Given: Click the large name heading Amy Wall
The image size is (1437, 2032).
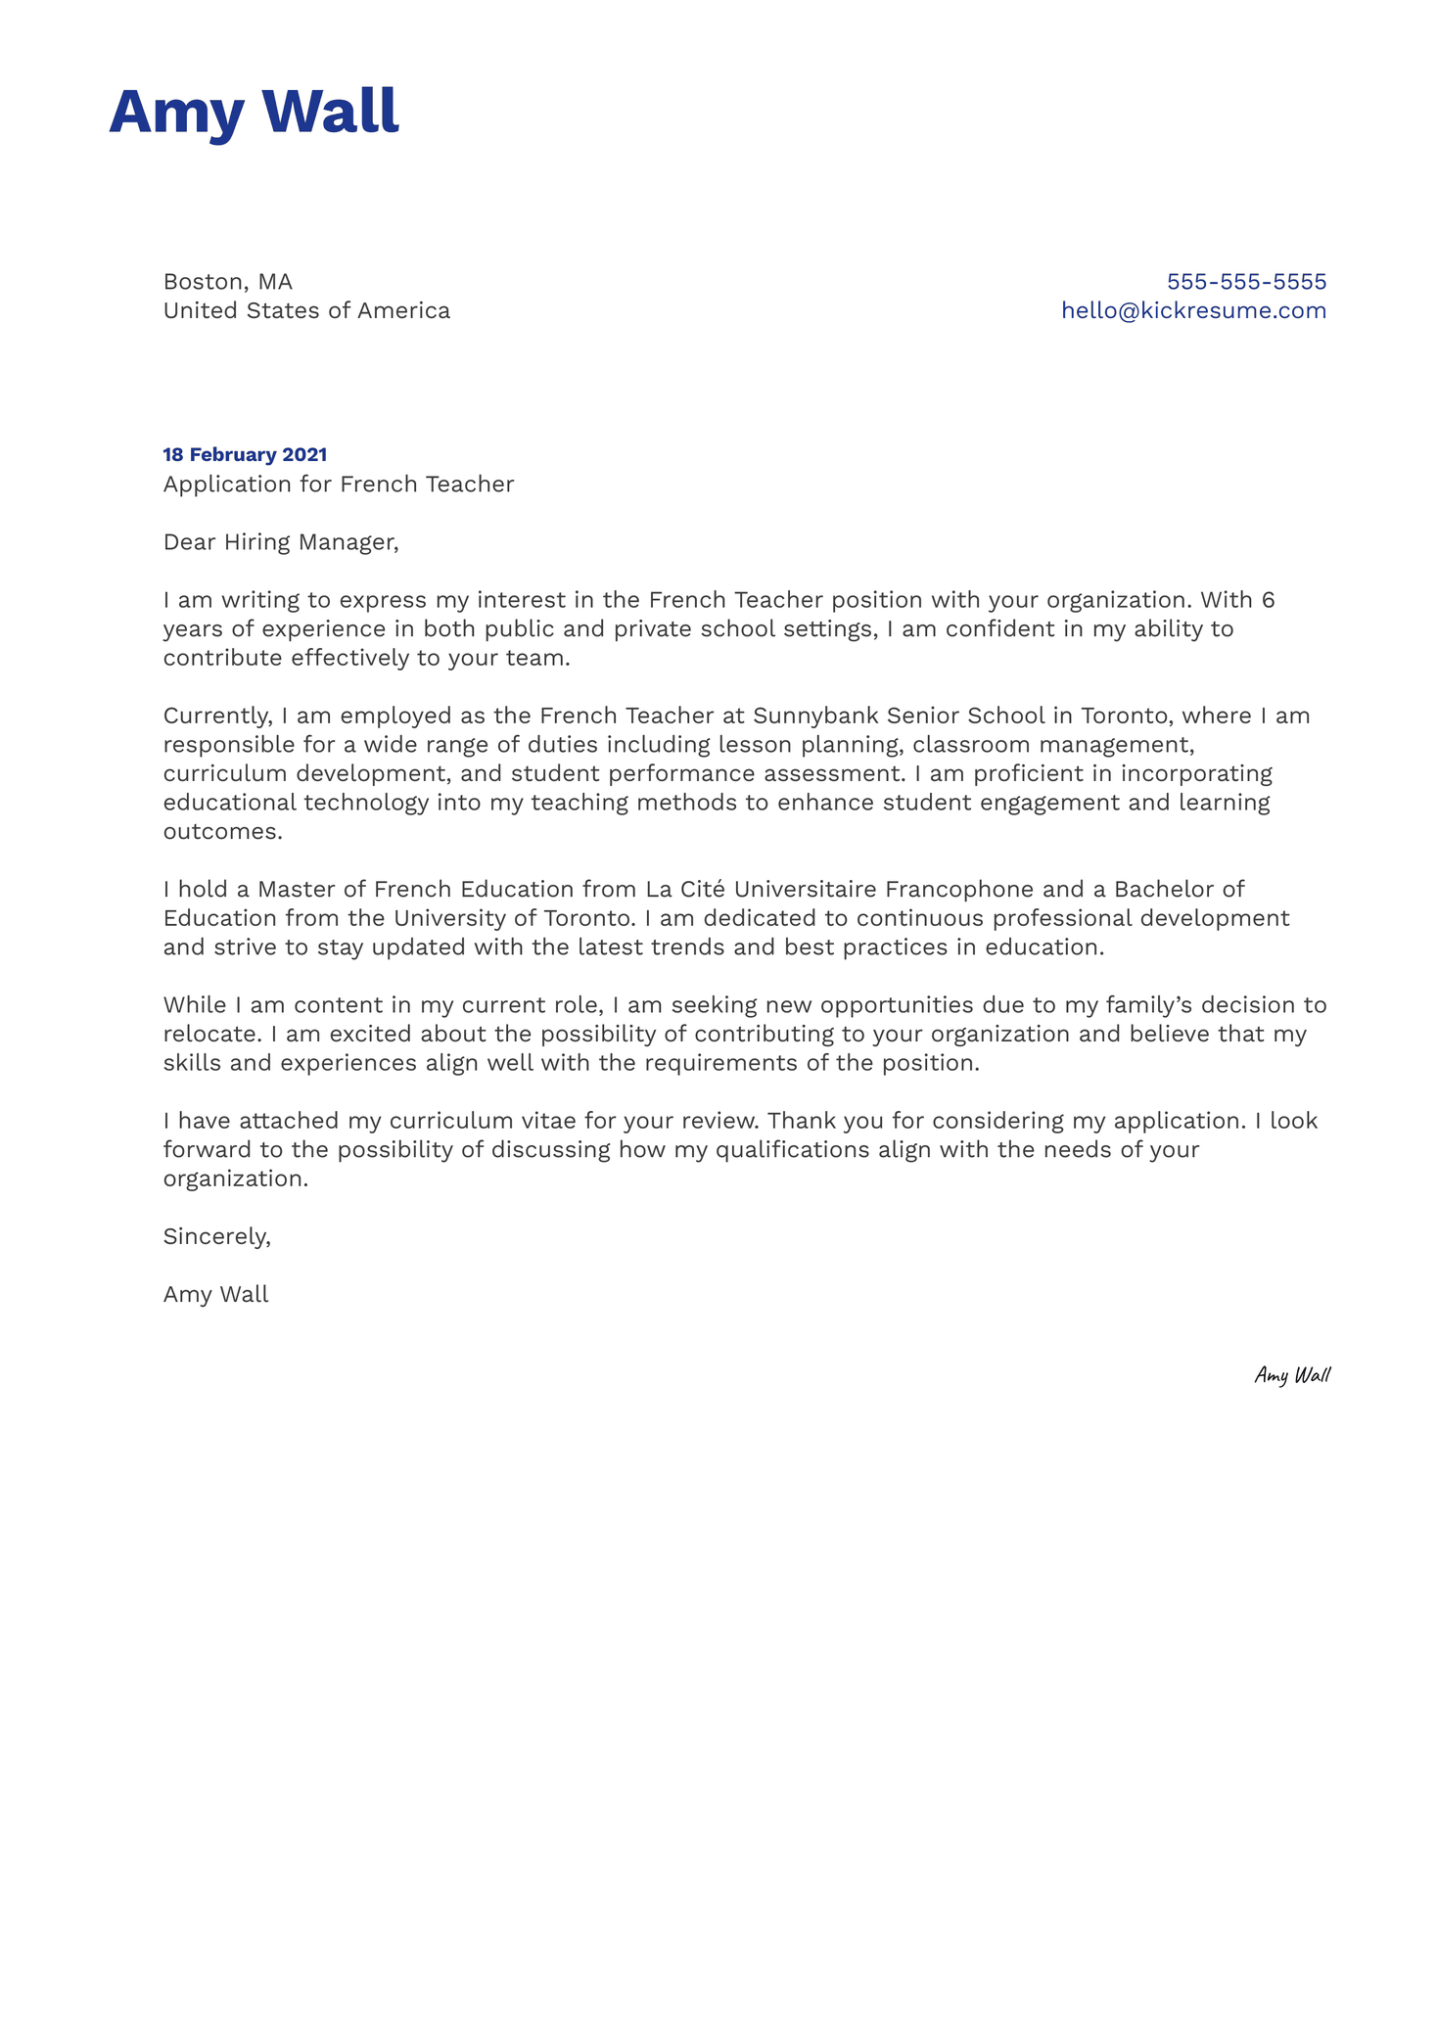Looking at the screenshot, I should click(x=254, y=113).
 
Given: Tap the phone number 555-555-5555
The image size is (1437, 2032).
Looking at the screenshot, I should click(x=1246, y=282).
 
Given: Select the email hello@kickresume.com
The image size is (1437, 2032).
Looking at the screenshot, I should click(x=1193, y=311).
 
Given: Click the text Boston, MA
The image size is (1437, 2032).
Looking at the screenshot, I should click(x=228, y=282).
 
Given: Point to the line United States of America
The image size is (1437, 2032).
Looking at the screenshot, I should click(x=306, y=311).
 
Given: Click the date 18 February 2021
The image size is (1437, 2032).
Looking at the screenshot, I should click(x=245, y=455).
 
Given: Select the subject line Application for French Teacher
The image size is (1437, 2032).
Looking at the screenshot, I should click(x=338, y=485).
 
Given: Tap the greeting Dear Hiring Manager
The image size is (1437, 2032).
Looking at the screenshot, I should click(x=281, y=542).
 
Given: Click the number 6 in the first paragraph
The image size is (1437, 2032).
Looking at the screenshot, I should click(x=1268, y=600).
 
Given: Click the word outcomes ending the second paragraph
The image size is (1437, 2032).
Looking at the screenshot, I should click(x=221, y=832).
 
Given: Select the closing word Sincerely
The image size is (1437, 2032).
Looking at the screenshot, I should click(x=215, y=1237).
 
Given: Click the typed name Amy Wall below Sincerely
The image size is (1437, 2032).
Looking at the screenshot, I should click(x=215, y=1295).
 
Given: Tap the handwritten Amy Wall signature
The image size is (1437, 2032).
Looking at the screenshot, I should click(x=1292, y=1376).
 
